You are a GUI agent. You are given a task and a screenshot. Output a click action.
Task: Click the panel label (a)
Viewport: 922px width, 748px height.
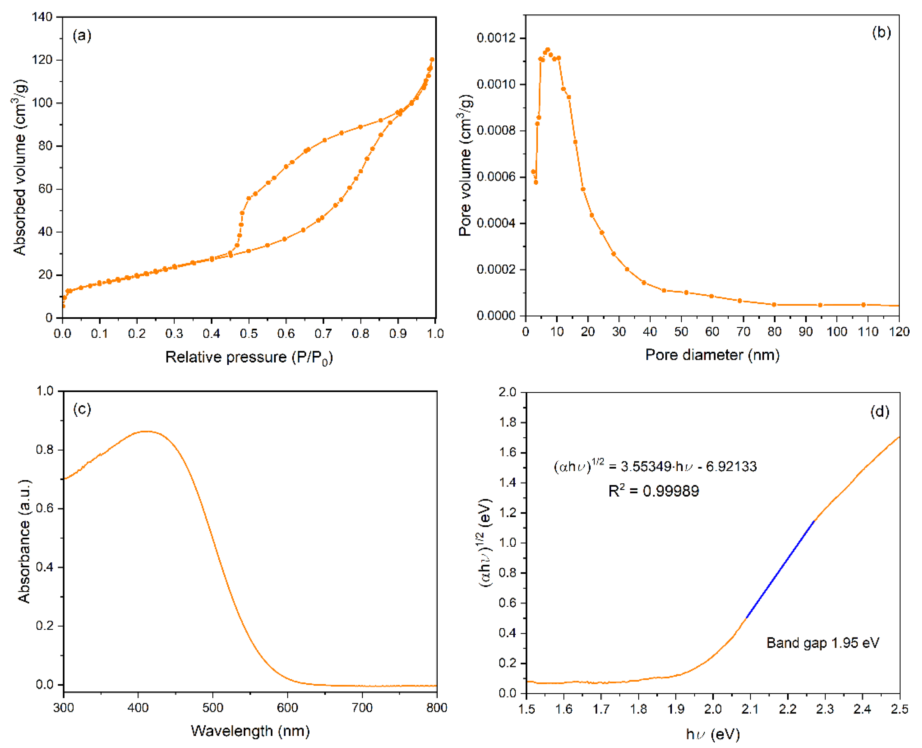(82, 35)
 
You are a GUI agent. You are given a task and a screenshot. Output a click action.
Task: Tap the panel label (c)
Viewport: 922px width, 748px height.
(82, 409)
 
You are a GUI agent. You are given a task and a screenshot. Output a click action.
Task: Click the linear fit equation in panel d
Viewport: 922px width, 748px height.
(655, 466)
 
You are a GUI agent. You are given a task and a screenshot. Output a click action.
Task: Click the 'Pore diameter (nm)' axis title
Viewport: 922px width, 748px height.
(712, 355)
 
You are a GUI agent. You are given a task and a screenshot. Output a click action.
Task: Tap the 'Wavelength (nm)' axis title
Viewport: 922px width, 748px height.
(250, 731)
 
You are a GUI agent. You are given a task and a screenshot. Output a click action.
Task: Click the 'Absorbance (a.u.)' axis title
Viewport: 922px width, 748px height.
(24, 541)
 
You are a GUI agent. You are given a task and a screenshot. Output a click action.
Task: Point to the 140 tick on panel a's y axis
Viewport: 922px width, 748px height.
(42, 17)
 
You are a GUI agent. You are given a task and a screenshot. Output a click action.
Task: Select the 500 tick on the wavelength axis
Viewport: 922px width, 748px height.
(213, 708)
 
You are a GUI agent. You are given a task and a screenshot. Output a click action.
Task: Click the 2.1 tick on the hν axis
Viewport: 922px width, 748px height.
(750, 709)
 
